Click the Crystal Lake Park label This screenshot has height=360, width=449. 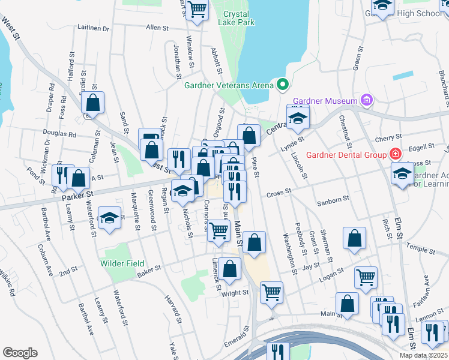click(239, 18)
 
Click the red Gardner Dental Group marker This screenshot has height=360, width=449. click(395, 154)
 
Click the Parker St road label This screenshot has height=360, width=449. click(77, 195)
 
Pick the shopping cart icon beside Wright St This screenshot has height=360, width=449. click(271, 291)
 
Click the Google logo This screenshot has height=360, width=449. click(20, 353)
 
